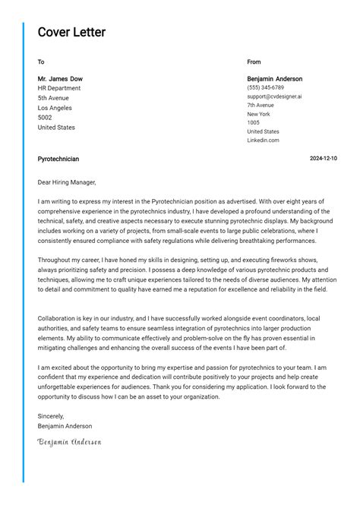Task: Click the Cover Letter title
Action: click(71, 33)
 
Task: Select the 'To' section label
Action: click(41, 62)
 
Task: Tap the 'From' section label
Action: click(254, 62)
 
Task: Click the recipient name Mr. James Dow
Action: click(60, 79)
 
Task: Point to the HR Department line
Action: click(59, 88)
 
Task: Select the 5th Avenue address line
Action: click(53, 98)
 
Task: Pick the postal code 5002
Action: click(45, 118)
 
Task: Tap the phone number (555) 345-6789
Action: click(265, 88)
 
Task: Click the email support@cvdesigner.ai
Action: click(274, 96)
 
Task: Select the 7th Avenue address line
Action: click(261, 106)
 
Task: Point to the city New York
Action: click(259, 114)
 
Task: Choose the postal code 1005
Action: click(253, 122)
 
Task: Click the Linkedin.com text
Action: click(263, 140)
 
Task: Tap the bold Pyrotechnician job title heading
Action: click(58, 159)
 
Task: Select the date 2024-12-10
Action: click(324, 159)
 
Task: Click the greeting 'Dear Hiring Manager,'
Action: click(67, 182)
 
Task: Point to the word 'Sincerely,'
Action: click(51, 416)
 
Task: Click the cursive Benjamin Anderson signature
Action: click(69, 442)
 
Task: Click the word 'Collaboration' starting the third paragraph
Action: click(58, 318)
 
